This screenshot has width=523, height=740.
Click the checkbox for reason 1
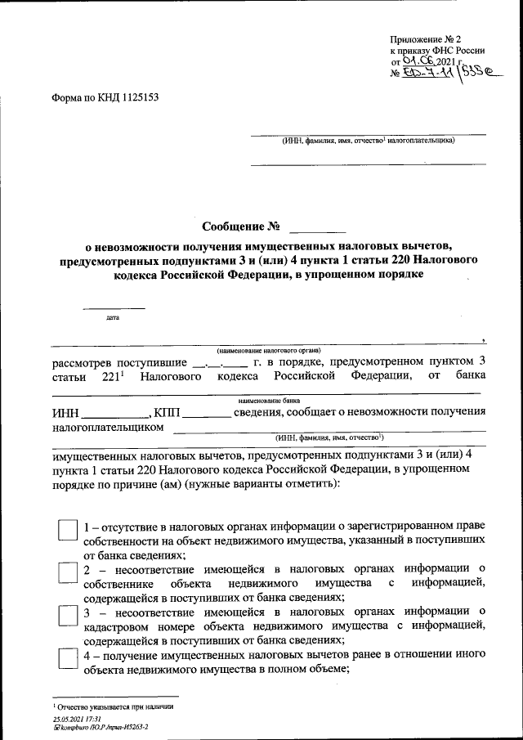[x=67, y=530]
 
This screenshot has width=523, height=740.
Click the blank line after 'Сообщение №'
[x=318, y=226]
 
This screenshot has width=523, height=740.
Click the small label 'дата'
[x=113, y=316]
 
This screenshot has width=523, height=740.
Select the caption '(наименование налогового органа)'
[x=269, y=350]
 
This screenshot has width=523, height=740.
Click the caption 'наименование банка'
[x=269, y=401]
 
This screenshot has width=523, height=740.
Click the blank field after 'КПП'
[x=206, y=415]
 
